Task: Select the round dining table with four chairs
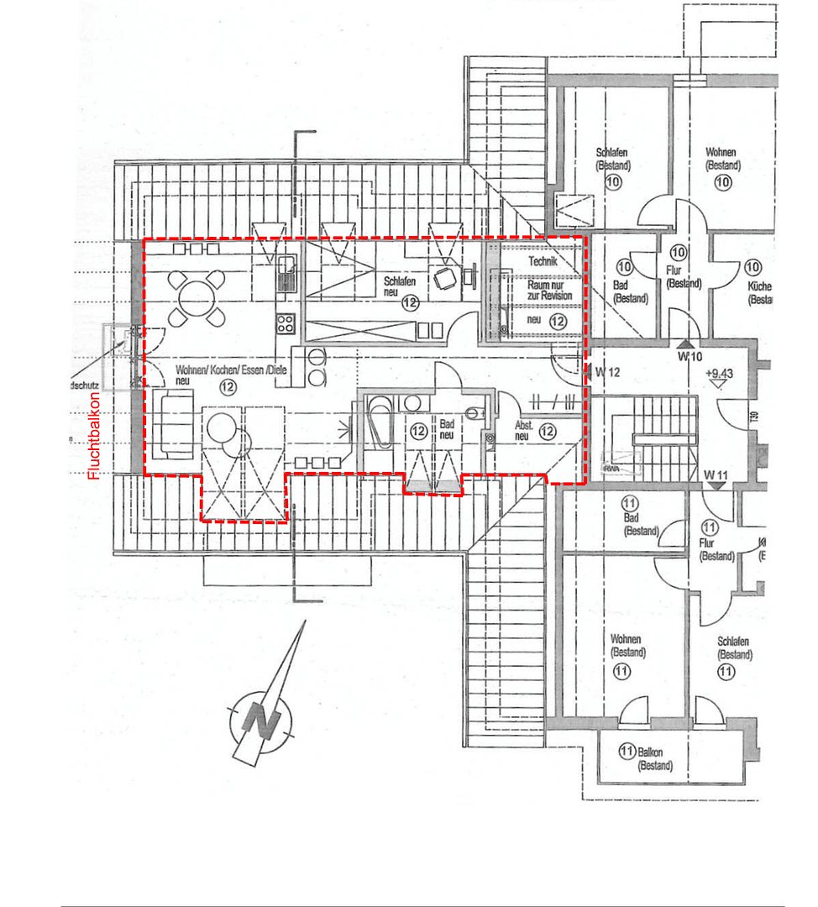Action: pyautogui.click(x=196, y=296)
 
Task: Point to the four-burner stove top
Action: pyautogui.click(x=286, y=323)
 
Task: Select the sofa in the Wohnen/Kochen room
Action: pyautogui.click(x=174, y=423)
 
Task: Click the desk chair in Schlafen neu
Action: pyautogui.click(x=444, y=280)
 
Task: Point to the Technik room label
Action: pyautogui.click(x=542, y=262)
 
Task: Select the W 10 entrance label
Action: pyautogui.click(x=691, y=357)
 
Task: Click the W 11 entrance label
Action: pyautogui.click(x=715, y=475)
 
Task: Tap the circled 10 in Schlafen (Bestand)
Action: pyautogui.click(x=612, y=181)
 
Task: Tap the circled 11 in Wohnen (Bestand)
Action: pyautogui.click(x=621, y=670)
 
